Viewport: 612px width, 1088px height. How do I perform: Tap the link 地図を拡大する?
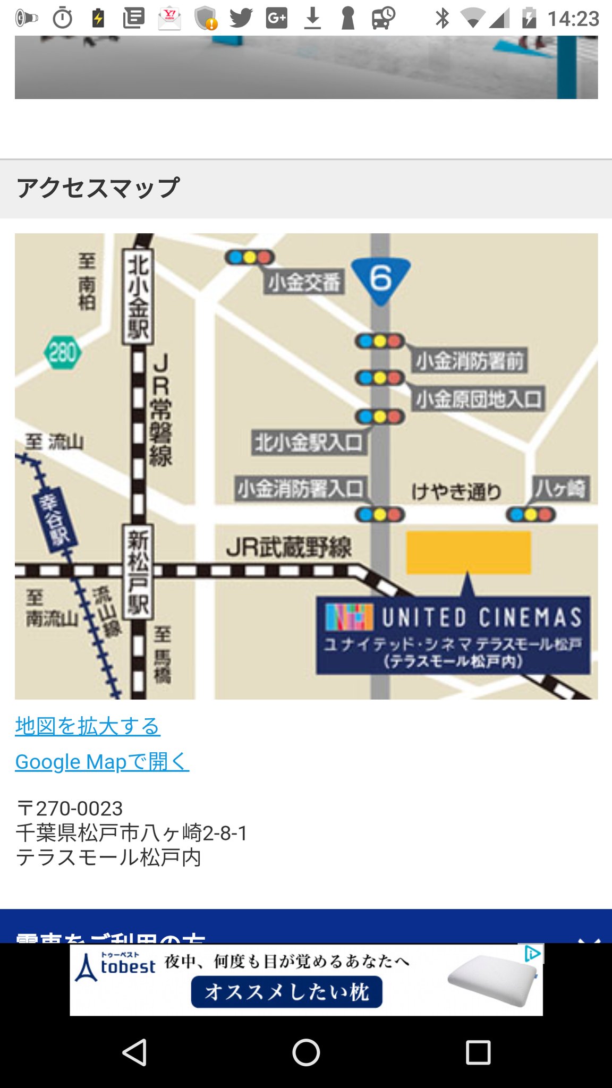tap(88, 726)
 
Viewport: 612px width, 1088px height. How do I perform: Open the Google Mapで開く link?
tap(102, 761)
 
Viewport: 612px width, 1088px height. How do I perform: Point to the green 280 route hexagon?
tap(63, 353)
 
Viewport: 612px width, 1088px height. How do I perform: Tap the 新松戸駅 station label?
tap(138, 572)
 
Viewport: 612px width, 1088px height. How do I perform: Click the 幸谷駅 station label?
tap(54, 520)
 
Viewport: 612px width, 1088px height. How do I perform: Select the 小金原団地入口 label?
tap(479, 399)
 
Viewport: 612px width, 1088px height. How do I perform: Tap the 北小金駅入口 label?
tap(309, 443)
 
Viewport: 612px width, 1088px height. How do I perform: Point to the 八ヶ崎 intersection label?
tap(560, 488)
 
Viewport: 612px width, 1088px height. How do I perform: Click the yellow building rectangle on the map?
tap(469, 552)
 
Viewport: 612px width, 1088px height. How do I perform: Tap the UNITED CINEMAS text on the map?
tap(481, 617)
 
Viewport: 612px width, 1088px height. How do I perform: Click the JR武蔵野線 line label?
tap(288, 547)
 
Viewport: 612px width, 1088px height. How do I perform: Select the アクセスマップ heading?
tap(98, 188)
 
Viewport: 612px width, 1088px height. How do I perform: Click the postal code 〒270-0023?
tap(70, 809)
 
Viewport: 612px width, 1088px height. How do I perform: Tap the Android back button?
tap(134, 1052)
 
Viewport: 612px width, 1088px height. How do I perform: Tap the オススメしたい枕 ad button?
tap(287, 991)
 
